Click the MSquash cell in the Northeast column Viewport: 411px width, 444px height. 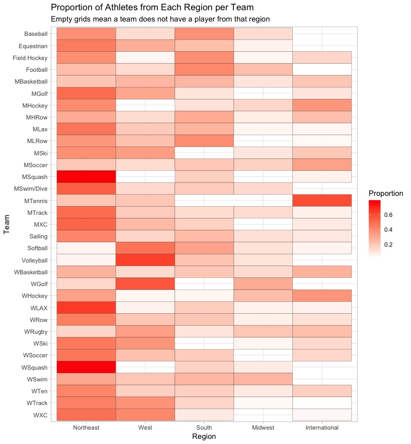[x=86, y=176]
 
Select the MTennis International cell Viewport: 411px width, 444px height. [x=322, y=200]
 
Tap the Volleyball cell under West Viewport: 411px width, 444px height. [x=145, y=260]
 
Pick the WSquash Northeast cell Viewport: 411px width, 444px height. [x=86, y=367]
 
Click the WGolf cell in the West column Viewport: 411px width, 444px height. [x=145, y=284]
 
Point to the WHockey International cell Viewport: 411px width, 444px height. [x=322, y=296]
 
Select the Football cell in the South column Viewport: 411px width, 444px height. [x=204, y=69]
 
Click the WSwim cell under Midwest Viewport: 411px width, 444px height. [x=263, y=379]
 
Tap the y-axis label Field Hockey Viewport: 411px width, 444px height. [x=30, y=58]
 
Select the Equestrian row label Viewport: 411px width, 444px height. [x=34, y=46]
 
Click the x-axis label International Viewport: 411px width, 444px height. [x=322, y=428]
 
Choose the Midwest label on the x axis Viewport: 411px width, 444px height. [x=263, y=428]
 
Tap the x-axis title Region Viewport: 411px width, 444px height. [x=203, y=437]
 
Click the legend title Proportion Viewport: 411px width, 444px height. [x=386, y=193]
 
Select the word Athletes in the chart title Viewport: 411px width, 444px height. [x=111, y=8]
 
